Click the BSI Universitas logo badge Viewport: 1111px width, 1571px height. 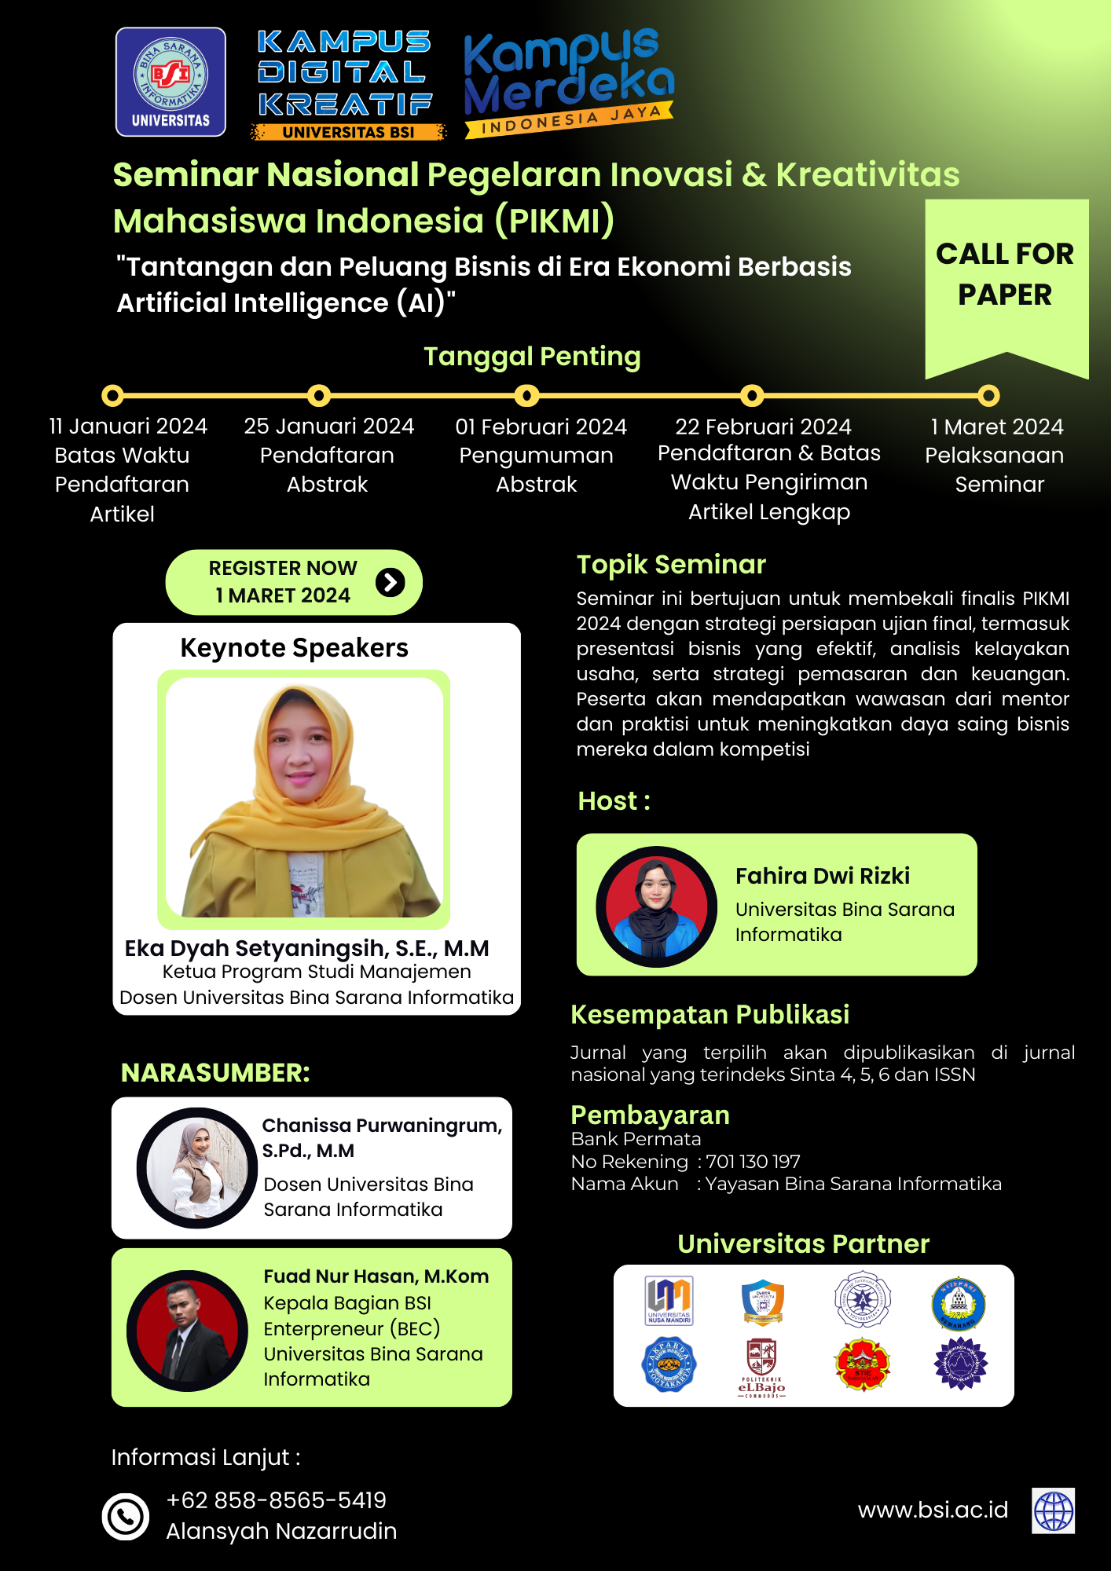[170, 82]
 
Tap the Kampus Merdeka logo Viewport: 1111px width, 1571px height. [568, 82]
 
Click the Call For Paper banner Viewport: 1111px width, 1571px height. [1005, 275]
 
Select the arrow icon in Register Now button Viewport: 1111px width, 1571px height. [390, 582]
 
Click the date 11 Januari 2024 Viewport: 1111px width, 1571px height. [128, 427]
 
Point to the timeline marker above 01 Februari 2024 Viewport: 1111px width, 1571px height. [526, 395]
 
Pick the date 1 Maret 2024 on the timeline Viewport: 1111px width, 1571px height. [996, 427]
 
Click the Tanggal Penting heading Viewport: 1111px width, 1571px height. [532, 357]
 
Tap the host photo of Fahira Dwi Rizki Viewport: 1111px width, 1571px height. [656, 906]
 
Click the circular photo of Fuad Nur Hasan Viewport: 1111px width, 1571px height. [187, 1331]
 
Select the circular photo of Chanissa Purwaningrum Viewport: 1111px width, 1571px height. [197, 1167]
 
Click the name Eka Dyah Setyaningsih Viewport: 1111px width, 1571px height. [306, 948]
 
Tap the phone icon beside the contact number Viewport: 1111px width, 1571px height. [126, 1516]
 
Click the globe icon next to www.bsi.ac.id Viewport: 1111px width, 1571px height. [1053, 1511]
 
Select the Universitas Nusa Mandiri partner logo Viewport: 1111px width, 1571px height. [669, 1301]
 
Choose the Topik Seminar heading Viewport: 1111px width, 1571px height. [671, 565]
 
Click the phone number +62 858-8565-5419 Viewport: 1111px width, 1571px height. [276, 1500]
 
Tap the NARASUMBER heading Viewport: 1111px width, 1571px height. [215, 1073]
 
